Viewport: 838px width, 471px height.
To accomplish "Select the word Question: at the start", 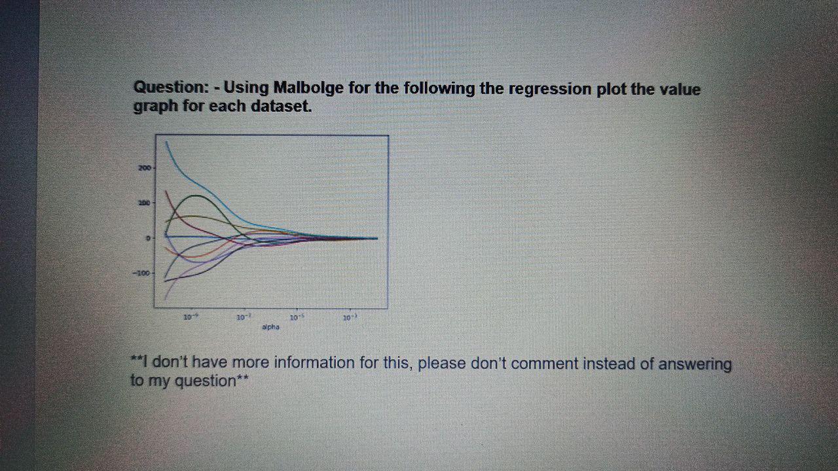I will (171, 87).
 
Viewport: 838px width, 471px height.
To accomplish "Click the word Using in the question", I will (246, 88).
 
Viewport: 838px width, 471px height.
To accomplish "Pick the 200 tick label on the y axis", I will (144, 168).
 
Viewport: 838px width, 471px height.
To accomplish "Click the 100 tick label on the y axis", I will (144, 203).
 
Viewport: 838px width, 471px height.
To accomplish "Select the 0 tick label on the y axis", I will (149, 238).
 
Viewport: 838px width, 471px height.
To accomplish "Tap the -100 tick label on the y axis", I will (143, 273).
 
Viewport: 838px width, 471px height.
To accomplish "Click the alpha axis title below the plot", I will (270, 326).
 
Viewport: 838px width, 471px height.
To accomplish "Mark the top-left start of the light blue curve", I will (166, 141).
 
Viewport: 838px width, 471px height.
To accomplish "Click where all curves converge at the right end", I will (374, 238).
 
